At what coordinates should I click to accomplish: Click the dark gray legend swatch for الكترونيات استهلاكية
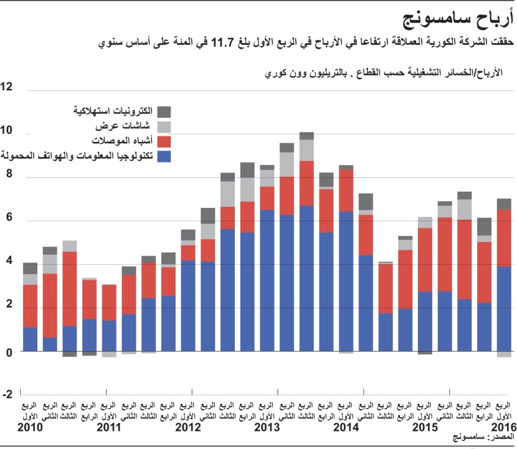click(164, 111)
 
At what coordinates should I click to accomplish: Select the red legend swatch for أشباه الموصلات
click(164, 141)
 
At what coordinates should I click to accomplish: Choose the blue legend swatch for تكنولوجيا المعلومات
click(164, 156)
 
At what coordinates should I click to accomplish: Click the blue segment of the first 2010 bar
click(31, 339)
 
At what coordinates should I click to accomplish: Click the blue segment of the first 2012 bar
click(188, 305)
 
